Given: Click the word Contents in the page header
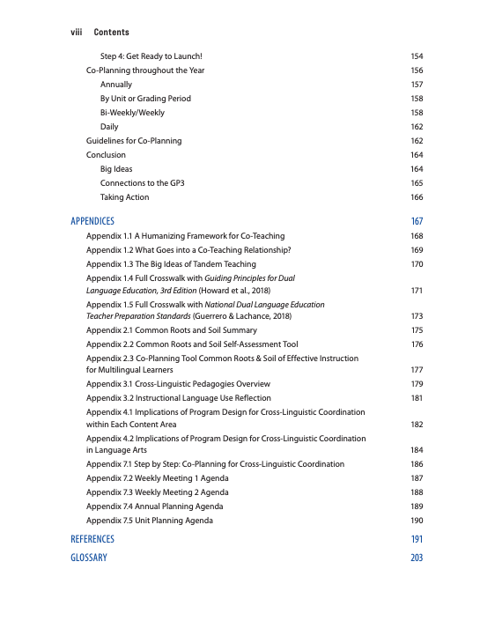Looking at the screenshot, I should point(111,32).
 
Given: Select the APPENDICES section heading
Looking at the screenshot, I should point(92,221).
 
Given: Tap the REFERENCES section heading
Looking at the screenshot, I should point(92,538).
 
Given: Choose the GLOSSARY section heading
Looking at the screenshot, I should point(89,558).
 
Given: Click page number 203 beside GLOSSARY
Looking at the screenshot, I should point(417,558).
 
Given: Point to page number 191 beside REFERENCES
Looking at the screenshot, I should point(417,538).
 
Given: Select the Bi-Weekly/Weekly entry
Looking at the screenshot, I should point(132,113).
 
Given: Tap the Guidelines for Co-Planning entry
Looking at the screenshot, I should point(134,141).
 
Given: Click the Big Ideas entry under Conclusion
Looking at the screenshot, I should point(116,169).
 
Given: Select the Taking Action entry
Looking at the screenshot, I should point(124,197).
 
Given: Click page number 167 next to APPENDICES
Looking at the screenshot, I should point(417,221).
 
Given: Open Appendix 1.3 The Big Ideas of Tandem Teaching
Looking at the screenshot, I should point(171,264).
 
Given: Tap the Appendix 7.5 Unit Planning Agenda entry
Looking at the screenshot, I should point(149,521).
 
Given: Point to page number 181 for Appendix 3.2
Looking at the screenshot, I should point(417,398).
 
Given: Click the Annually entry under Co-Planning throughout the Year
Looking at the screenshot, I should point(116,85).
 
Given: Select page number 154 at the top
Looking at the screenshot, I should point(417,56).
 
